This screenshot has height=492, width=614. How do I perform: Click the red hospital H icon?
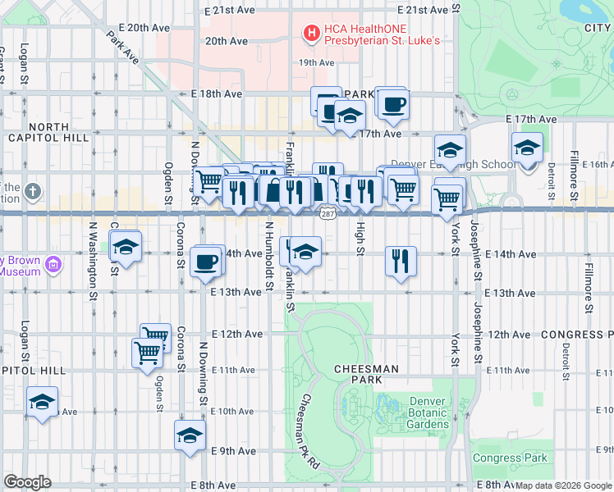click(311, 34)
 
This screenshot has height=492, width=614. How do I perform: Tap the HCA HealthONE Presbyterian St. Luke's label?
click(383, 34)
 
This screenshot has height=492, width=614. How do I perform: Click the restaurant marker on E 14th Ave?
click(401, 262)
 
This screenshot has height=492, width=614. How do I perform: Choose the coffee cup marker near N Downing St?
click(205, 262)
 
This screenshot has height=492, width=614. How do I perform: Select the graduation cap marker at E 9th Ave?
click(190, 435)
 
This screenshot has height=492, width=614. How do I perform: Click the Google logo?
click(27, 482)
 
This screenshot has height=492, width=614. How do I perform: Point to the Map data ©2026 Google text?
click(562, 485)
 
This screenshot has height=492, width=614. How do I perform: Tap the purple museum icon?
click(53, 264)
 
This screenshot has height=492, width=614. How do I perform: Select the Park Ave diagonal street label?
click(124, 48)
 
